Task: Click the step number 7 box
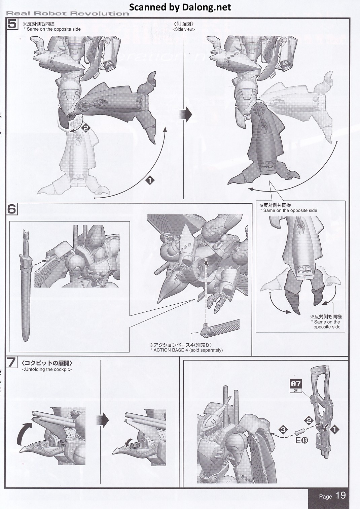coord(11,363)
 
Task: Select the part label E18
coord(302,440)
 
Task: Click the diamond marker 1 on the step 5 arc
coord(150,181)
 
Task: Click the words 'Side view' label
coord(184,29)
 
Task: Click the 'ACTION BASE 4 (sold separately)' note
coord(186,350)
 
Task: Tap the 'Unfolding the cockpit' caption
coord(47,370)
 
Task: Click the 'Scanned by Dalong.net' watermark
coord(180,7)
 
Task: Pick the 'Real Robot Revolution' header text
coord(68,13)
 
